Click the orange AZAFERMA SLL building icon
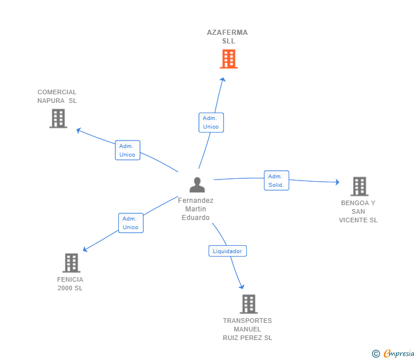coord(228,59)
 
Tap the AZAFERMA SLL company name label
coord(227,37)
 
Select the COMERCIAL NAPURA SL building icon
coord(58,118)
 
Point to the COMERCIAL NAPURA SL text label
coord(57,97)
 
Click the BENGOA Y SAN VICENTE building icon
coord(359,186)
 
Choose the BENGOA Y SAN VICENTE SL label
coord(358,211)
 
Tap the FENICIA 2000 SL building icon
coord(71,263)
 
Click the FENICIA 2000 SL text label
coord(70,283)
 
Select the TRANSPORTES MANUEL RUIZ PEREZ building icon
coord(248,304)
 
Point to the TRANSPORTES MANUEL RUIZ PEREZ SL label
coord(247,329)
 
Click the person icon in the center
coord(197,185)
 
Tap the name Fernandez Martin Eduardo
coord(196,209)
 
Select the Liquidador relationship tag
coord(227,251)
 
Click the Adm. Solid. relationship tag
coord(276,181)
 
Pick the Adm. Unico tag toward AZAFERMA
coord(211,122)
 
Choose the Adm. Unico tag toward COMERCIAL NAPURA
coord(127,150)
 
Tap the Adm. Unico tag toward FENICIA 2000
coord(131,223)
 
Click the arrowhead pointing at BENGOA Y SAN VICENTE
coord(337,182)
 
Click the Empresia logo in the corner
coord(394,353)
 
